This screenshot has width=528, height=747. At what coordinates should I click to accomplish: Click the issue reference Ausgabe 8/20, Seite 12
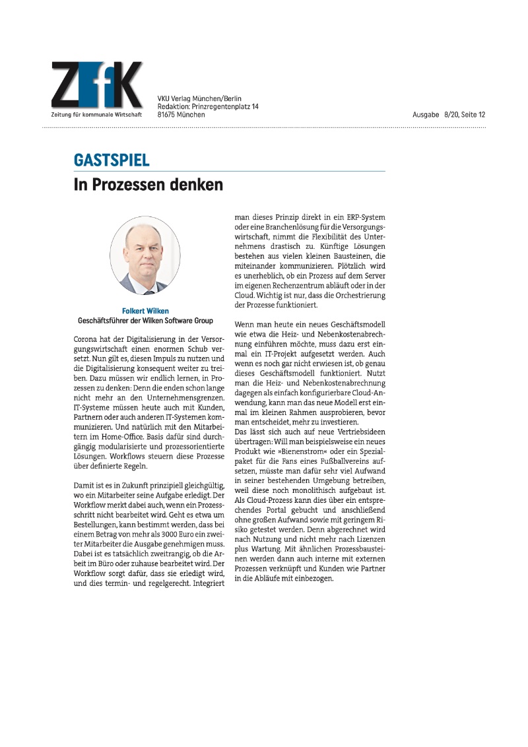click(449, 115)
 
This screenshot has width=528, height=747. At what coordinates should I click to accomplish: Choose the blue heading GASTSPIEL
click(112, 160)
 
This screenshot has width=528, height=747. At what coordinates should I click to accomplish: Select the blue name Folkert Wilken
click(145, 311)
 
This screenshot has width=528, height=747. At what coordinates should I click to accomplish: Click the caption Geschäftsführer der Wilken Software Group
click(145, 320)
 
